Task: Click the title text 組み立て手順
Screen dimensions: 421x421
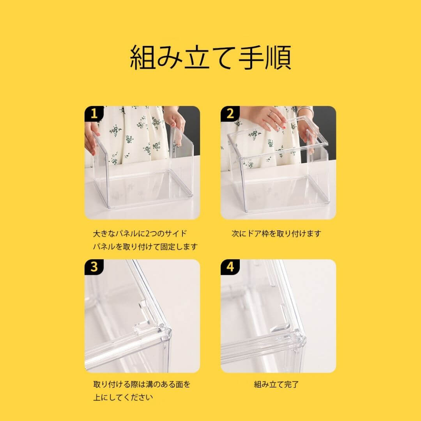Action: pos(210,58)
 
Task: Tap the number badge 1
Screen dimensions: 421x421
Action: pos(94,114)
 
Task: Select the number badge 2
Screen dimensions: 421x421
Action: pos(230,114)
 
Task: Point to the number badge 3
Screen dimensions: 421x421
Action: pos(94,267)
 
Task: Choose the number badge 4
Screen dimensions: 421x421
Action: pos(230,267)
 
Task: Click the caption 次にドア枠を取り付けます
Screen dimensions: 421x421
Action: pos(276,233)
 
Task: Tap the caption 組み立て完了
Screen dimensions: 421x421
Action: pos(276,384)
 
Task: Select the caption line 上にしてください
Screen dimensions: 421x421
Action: pos(123,397)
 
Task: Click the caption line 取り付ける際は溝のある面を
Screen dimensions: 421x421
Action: pos(142,384)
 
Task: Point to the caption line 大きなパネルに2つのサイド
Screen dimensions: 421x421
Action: pos(140,233)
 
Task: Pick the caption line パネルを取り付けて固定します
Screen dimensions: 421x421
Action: pos(145,246)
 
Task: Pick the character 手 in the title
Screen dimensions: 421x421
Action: pos(251,58)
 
